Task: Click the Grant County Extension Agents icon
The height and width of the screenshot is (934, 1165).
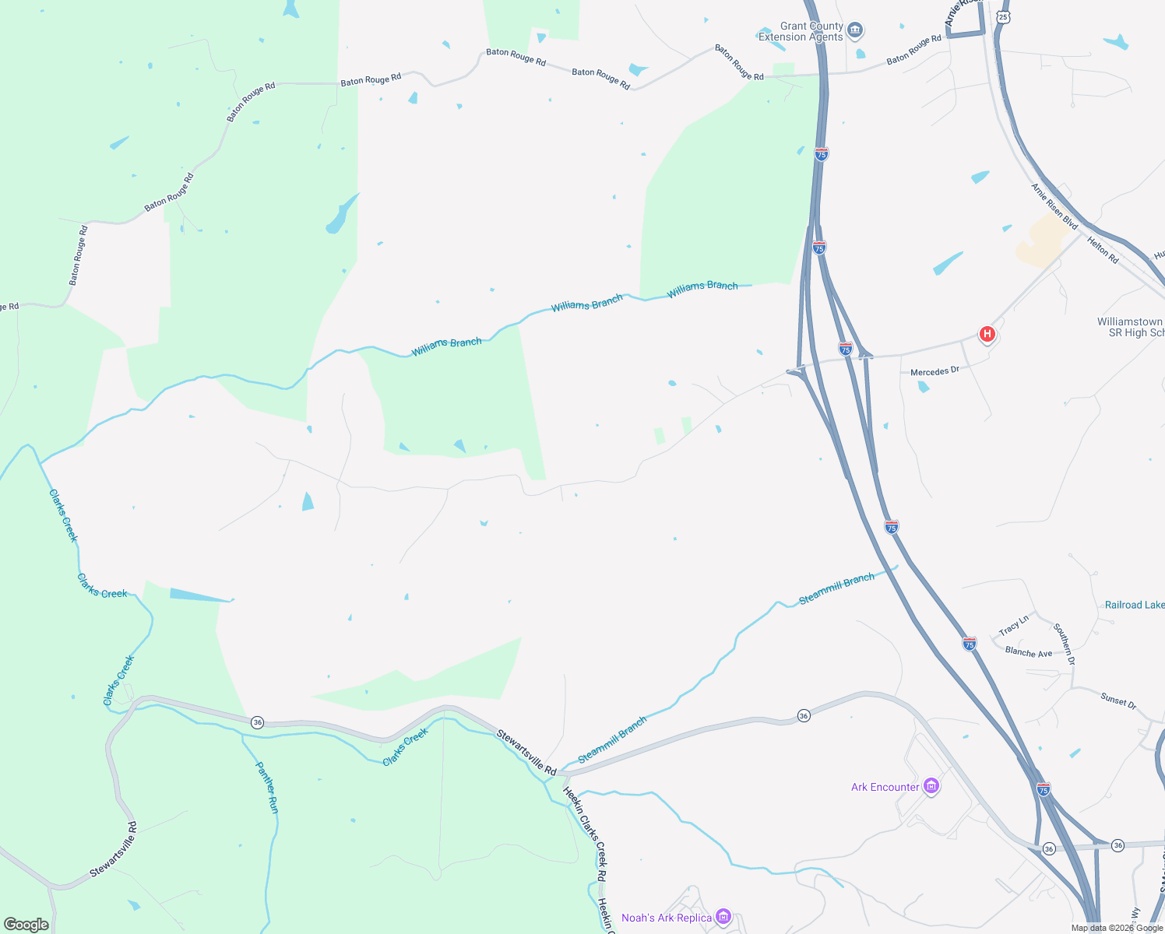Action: click(855, 31)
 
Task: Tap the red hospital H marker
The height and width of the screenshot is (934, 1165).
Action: click(987, 335)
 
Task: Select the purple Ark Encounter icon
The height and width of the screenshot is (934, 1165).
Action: click(931, 786)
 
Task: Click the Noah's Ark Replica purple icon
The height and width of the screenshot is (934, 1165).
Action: click(723, 918)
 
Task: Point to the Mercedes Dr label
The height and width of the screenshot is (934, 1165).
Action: click(934, 371)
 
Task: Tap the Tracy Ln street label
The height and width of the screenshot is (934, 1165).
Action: click(1014, 624)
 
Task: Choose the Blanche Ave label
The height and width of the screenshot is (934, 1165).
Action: click(1028, 652)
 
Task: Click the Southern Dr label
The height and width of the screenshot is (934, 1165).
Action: click(1065, 643)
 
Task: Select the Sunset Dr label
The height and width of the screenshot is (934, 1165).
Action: click(1118, 700)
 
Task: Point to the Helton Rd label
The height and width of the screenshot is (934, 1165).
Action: click(1103, 250)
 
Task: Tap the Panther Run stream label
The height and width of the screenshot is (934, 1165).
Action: click(267, 787)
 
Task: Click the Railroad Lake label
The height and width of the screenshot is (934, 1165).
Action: click(1135, 605)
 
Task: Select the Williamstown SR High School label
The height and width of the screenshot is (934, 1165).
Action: click(1131, 327)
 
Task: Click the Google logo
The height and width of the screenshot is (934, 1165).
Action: click(26, 924)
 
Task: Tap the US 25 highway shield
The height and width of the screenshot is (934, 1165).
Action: click(1003, 16)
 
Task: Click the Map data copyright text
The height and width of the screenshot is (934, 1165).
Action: click(1117, 928)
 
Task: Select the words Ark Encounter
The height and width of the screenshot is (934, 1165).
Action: click(885, 787)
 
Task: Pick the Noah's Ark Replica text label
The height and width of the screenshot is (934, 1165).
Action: click(667, 918)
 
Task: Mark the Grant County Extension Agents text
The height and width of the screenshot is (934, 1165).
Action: click(801, 31)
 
